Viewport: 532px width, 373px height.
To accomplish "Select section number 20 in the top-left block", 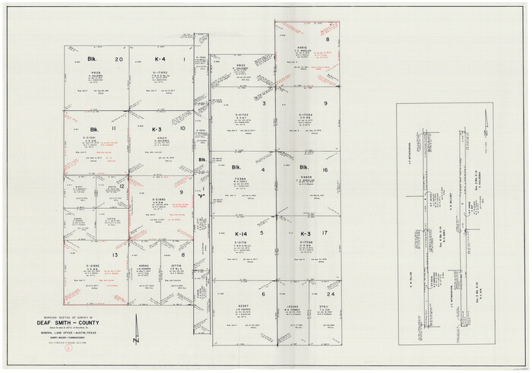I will pyautogui.click(x=118, y=58).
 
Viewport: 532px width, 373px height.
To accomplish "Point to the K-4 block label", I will pyautogui.click(x=160, y=58).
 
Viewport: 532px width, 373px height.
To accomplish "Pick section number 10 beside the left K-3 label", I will pyautogui.click(x=183, y=128).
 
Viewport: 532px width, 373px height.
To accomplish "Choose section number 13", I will pyautogui.click(x=115, y=255).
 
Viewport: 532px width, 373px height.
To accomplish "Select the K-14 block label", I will pyautogui.click(x=240, y=233).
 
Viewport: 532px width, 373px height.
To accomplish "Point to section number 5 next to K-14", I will pyautogui.click(x=263, y=233).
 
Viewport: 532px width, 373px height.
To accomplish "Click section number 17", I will pyautogui.click(x=325, y=233).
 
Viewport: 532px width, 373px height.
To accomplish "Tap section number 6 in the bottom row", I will pyautogui.click(x=263, y=294).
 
